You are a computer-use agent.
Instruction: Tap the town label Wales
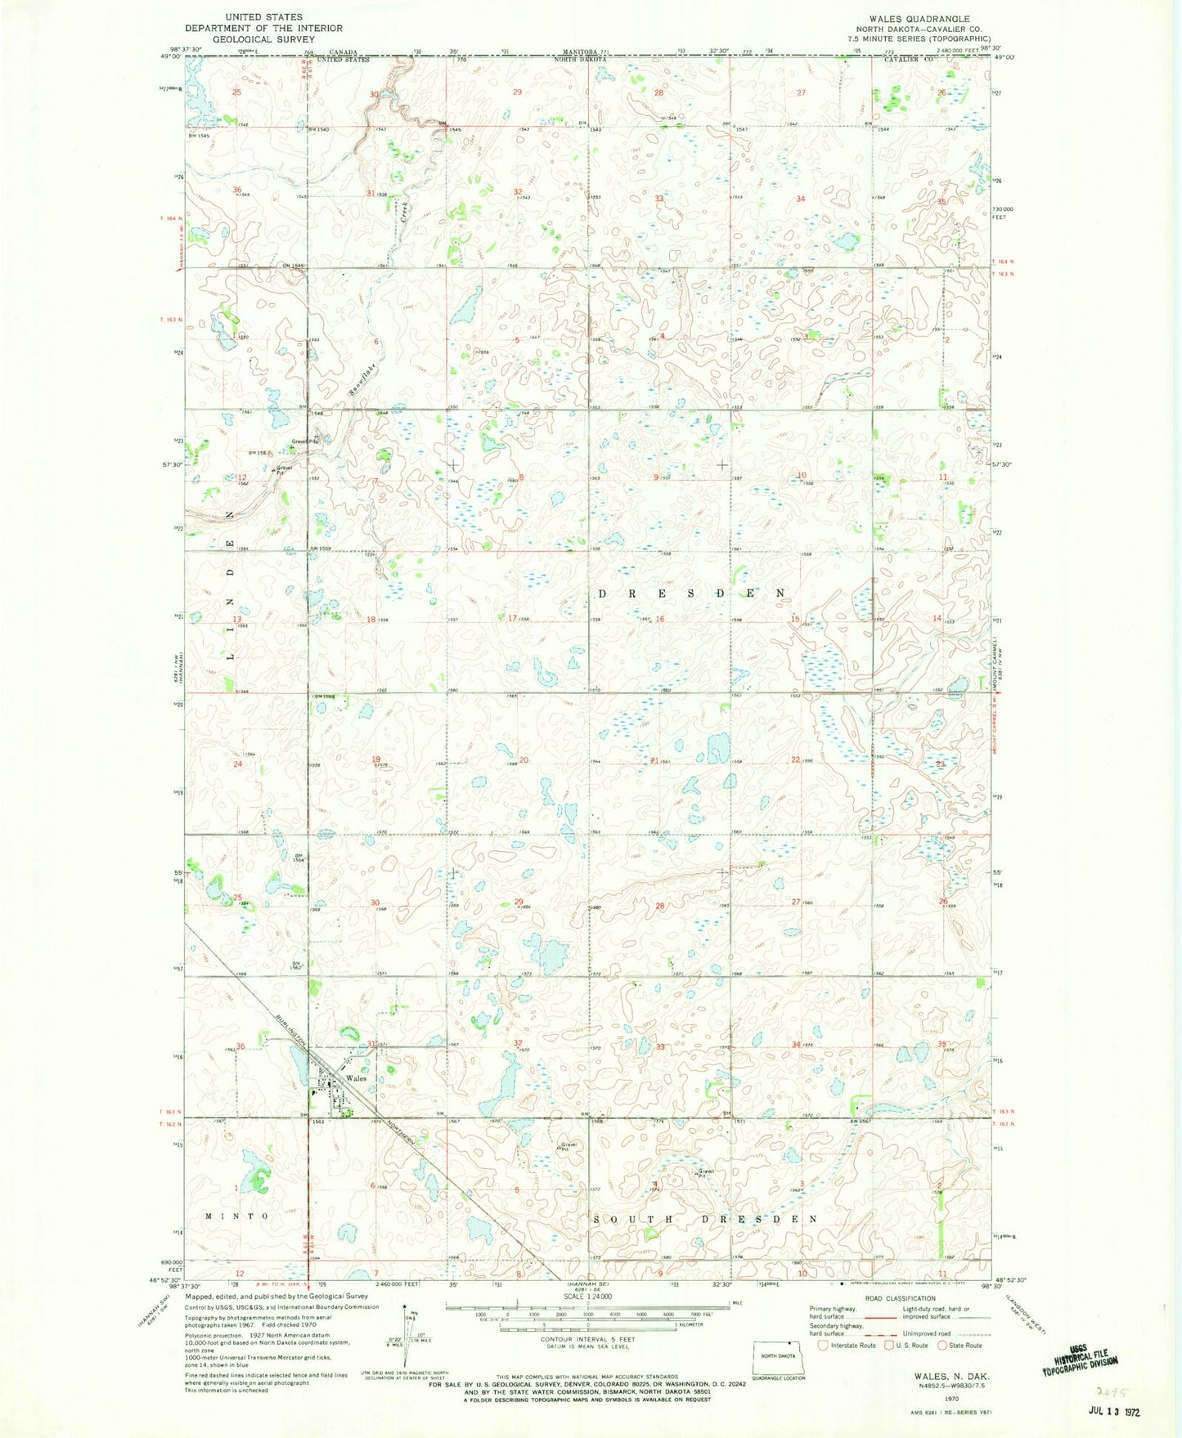click(x=355, y=1078)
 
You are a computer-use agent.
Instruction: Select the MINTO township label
click(x=236, y=1216)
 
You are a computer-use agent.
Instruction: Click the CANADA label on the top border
click(x=334, y=52)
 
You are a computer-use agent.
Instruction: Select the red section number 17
click(x=513, y=619)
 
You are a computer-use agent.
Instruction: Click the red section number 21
click(x=654, y=761)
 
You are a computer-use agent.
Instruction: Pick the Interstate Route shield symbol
click(x=823, y=1345)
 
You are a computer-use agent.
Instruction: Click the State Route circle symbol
click(x=943, y=1345)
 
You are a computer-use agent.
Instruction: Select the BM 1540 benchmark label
click(x=317, y=128)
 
